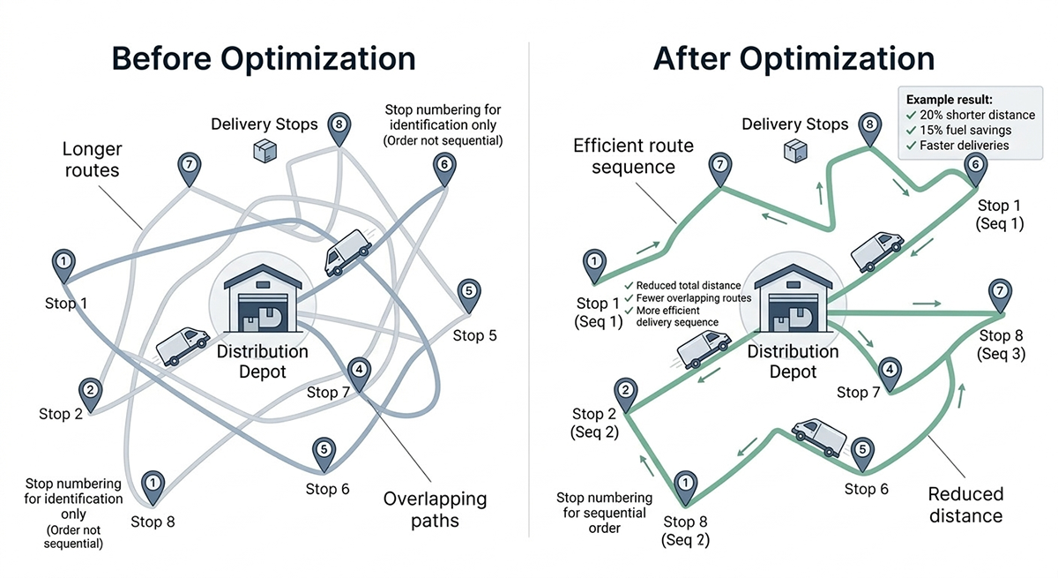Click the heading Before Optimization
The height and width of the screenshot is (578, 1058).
(x=264, y=59)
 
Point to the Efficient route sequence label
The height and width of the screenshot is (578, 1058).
(x=634, y=157)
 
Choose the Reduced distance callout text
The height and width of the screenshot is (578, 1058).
(x=966, y=505)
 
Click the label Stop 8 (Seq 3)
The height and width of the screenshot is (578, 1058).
(x=1000, y=344)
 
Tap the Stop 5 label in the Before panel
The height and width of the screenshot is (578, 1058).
(x=475, y=335)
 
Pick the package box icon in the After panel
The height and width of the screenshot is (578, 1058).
(x=793, y=152)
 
